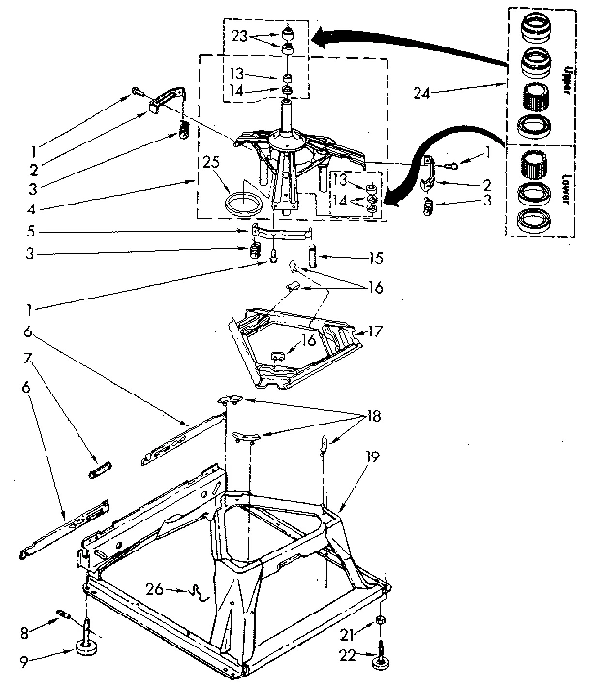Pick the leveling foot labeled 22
[x=379, y=660]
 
